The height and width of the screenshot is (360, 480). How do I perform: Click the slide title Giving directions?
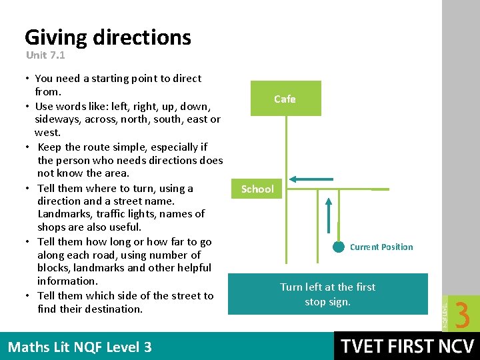click(107, 37)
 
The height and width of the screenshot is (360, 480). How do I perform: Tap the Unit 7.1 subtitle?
click(45, 55)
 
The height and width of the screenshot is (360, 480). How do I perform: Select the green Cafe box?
click(285, 99)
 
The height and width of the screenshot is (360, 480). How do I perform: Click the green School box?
click(257, 189)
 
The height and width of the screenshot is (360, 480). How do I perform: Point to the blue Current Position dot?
click(339, 247)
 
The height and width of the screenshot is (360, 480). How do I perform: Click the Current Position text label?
click(381, 247)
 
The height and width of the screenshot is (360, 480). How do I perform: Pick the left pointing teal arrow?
click(315, 179)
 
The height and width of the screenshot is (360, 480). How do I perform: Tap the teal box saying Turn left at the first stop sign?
click(327, 293)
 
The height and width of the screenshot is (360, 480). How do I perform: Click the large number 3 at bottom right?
click(462, 315)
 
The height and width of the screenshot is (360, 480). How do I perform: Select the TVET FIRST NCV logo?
click(407, 346)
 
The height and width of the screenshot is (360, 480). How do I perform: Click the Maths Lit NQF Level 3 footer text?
click(79, 347)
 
